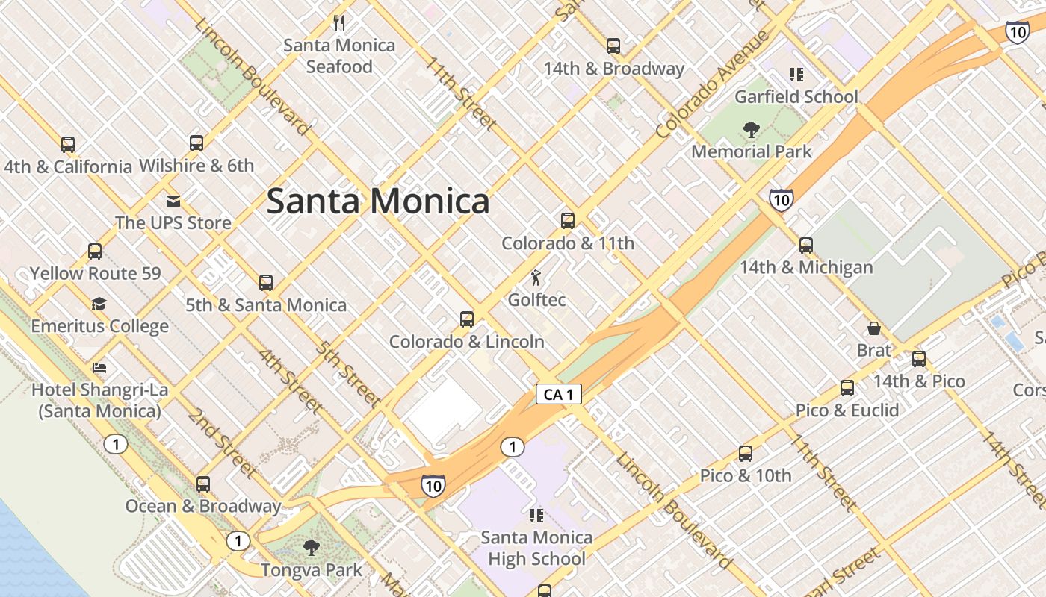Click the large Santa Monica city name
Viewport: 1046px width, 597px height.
(378, 201)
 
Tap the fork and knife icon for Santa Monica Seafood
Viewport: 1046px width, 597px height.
(339, 22)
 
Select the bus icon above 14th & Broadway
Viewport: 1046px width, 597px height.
(613, 46)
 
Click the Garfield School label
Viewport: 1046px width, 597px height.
(796, 97)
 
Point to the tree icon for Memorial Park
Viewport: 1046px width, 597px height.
(752, 130)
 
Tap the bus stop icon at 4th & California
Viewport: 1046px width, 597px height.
(68, 144)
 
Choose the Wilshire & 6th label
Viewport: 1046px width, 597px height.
(196, 166)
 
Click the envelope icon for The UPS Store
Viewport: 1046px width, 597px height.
(173, 201)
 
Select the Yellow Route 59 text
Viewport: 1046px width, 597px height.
(95, 273)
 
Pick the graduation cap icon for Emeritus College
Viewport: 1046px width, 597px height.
(99, 304)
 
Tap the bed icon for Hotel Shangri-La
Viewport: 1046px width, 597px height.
(99, 367)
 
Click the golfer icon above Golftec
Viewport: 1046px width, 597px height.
(536, 278)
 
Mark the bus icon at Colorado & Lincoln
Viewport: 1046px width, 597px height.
(467, 319)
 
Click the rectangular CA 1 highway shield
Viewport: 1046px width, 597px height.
(559, 395)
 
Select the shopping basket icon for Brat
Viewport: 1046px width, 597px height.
(873, 328)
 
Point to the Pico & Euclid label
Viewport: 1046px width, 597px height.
(847, 410)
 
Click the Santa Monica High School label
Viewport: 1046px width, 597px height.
(536, 548)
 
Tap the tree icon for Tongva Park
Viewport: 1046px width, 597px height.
(312, 548)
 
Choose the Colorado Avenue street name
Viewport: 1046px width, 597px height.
(713, 84)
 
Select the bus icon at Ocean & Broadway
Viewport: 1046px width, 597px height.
(203, 484)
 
